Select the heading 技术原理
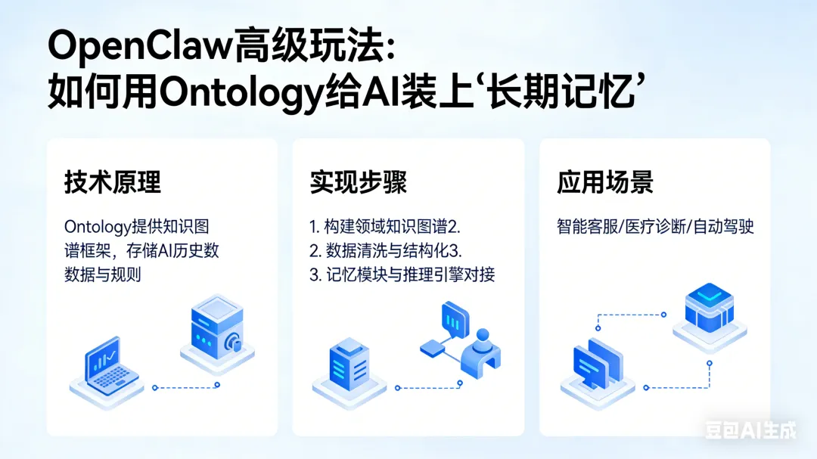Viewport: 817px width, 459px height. tap(112, 183)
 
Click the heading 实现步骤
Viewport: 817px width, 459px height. tap(358, 183)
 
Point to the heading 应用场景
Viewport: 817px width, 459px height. tap(605, 183)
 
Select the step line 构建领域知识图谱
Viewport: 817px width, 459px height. tap(386, 227)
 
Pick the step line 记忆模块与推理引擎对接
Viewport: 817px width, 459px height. tap(402, 274)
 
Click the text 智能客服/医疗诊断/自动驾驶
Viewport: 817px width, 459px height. tap(656, 227)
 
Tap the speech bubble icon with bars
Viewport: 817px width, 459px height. tap(455, 321)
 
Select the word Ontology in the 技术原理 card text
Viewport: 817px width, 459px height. tap(97, 227)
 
